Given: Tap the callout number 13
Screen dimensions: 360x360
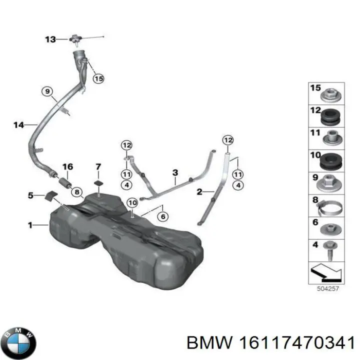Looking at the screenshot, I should pos(50,39).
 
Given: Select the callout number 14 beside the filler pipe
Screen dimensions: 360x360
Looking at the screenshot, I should pos(18,125).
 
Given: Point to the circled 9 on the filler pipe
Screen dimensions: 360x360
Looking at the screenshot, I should pos(46,91).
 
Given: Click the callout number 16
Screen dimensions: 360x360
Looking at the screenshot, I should pos(67,166).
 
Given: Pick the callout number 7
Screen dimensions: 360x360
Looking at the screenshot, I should pos(98,166).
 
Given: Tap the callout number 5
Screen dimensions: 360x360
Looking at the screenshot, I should pos(30,195).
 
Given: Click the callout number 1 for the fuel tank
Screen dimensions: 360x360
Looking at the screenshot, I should pos(30,226).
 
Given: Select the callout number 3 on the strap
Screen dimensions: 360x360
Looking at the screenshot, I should pos(175,173).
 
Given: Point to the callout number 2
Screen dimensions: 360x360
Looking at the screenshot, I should pos(199,191).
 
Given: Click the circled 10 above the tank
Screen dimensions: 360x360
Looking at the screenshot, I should pos(131,203).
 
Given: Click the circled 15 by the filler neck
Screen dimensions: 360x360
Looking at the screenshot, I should pos(98,78).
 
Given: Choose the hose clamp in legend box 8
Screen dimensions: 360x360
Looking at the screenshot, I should pos(329,205).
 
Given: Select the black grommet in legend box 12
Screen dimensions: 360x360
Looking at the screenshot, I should pos(329,117).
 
